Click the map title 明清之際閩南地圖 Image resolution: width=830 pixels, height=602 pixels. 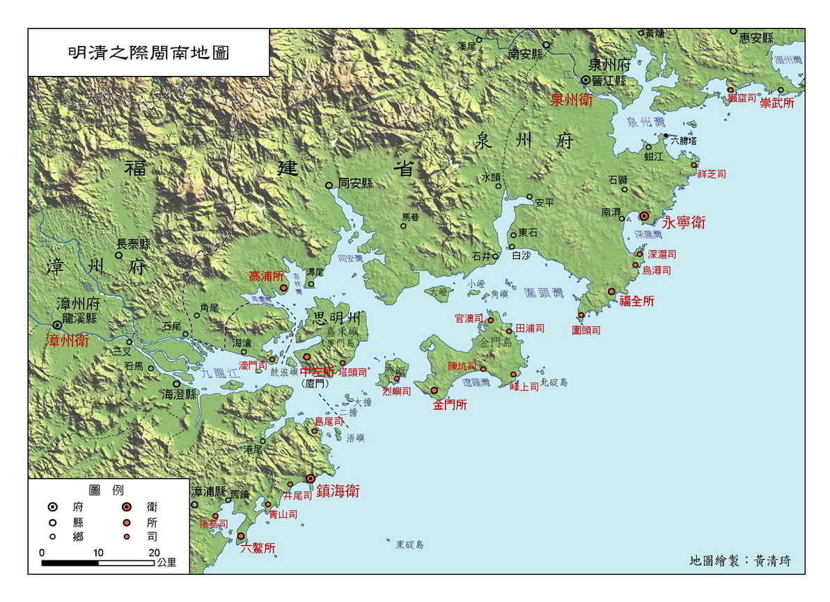[148, 52]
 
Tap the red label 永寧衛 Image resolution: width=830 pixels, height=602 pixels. [683, 223]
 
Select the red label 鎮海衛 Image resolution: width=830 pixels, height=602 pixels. [338, 491]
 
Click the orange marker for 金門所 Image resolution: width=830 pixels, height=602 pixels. [434, 391]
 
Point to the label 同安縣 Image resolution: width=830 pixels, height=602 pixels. [355, 184]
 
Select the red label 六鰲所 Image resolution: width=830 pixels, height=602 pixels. [258, 548]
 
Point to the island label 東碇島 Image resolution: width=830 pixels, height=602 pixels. [410, 544]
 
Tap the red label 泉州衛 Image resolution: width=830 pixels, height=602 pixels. [572, 99]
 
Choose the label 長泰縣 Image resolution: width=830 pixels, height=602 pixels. [133, 244]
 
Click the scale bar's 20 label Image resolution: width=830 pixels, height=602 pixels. [154, 552]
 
